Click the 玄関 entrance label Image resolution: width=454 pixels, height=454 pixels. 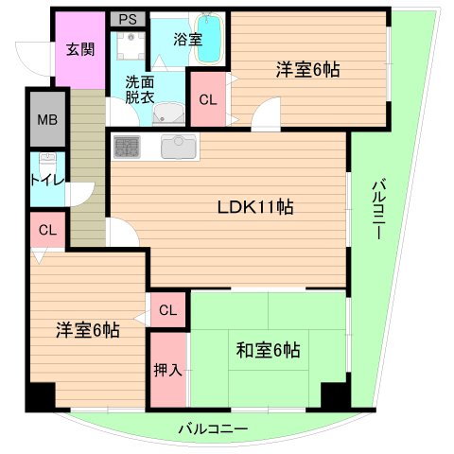tap(79, 49)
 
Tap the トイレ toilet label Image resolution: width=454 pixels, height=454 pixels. tap(46, 179)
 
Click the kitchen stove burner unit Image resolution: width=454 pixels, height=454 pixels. tap(127, 147)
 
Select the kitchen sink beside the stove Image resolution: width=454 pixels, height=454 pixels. tap(176, 147)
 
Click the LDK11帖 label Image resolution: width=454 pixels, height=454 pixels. tap(253, 208)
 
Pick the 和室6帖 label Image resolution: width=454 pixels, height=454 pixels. tap(268, 351)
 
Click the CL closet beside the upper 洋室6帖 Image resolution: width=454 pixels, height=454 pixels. tap(207, 97)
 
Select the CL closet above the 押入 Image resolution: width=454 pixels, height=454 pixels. tap(167, 309)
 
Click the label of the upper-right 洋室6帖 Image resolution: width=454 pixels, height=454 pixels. tap(308, 69)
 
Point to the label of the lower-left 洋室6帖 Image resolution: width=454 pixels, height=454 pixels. tap(86, 330)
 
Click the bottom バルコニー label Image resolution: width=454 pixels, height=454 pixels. tap(213, 429)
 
